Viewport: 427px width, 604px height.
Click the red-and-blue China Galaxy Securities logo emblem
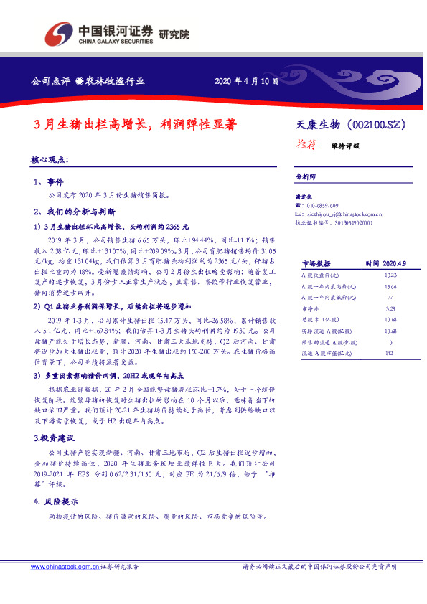(59, 34)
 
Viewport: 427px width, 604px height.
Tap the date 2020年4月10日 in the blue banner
(246, 81)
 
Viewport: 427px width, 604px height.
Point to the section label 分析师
(306, 176)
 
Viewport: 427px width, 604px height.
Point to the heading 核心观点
(50, 159)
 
